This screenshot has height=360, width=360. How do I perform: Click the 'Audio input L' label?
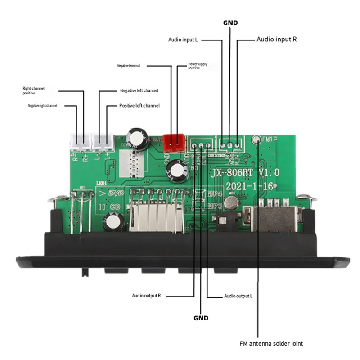tap(183, 40)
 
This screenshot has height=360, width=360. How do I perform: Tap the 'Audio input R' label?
tap(276, 40)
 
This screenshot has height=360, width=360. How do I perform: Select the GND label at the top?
tap(230, 22)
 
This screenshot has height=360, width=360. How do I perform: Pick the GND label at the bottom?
tap(201, 318)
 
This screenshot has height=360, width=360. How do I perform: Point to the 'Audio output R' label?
tap(146, 296)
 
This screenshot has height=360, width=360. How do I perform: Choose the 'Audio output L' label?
tap(238, 296)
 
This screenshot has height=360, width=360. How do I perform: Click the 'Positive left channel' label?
tap(139, 105)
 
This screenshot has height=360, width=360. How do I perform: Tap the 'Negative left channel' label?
tap(139, 90)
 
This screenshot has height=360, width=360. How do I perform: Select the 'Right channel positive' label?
tap(34, 90)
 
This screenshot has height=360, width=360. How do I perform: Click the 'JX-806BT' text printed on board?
tap(229, 173)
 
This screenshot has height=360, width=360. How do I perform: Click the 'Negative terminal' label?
tap(129, 66)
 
